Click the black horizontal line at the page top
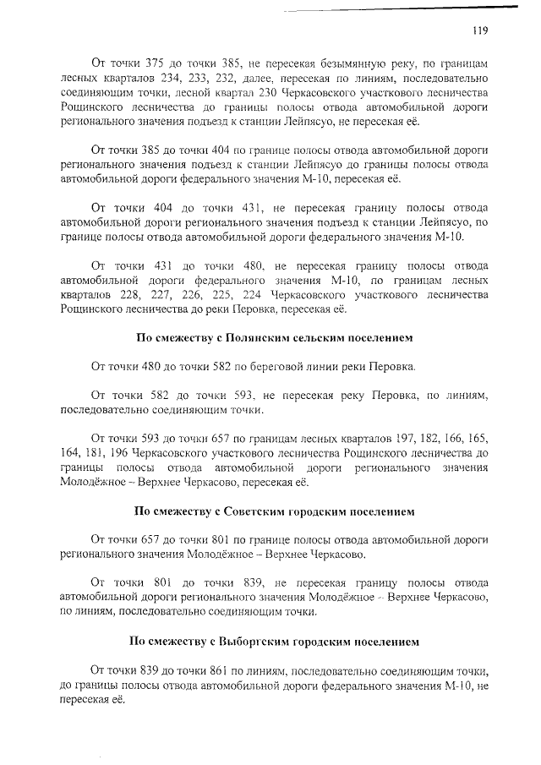[x=398, y=9]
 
